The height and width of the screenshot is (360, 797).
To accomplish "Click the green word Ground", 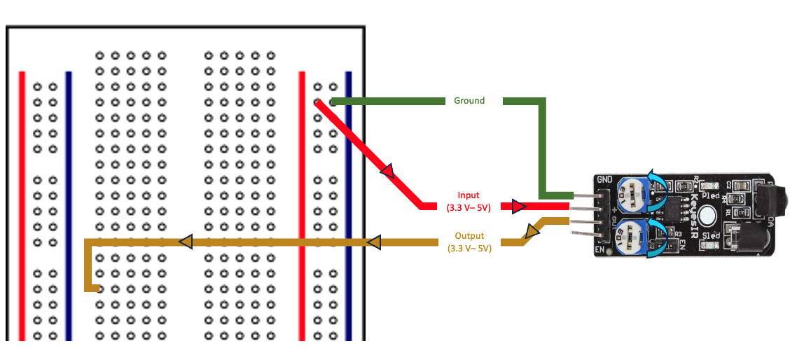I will coord(469,101).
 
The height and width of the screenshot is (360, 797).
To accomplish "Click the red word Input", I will coord(469,195).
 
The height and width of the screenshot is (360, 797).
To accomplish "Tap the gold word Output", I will coord(469,236).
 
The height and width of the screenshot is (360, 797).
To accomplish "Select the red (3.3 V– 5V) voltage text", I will coord(469,207).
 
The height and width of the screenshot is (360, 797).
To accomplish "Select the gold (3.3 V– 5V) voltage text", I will coord(469,248).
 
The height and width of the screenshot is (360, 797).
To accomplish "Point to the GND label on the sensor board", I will coord(604,180).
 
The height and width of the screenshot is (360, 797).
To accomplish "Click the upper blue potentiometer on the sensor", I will coord(635,192).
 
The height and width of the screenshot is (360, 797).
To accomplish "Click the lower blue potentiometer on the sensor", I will coord(635,236).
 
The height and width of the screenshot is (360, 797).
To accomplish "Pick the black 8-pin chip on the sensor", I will coord(673,208).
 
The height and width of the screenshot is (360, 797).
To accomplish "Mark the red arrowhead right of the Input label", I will coord(518,207).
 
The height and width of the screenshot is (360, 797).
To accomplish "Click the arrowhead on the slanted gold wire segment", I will coord(531,232).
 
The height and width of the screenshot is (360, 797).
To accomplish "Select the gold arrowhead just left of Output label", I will coord(373,242).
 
